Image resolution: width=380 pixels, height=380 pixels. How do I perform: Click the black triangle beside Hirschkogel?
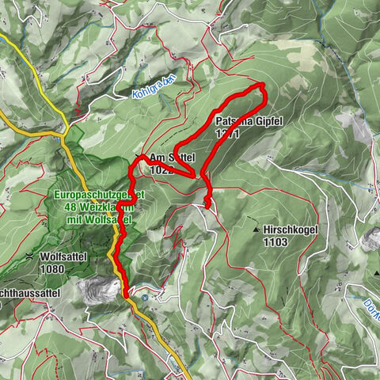[x=256, y=230]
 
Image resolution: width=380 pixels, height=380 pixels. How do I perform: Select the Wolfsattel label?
[x=60, y=256]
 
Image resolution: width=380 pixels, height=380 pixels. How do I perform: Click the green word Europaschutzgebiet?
[x=99, y=195]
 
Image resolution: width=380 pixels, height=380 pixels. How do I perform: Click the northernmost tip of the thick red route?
[x=261, y=84]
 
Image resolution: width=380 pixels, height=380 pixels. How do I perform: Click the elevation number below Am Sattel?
[x=161, y=169]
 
